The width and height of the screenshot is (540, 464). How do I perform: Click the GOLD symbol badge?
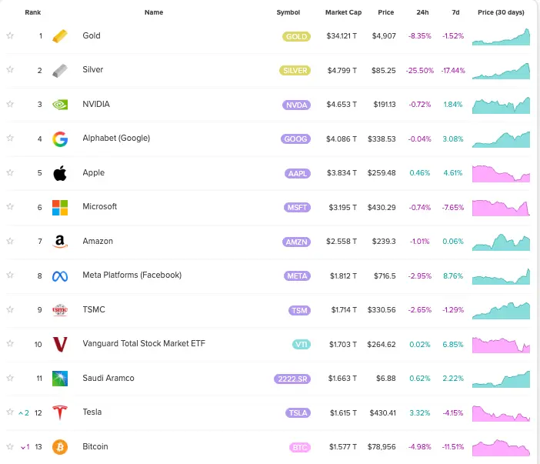click(296, 36)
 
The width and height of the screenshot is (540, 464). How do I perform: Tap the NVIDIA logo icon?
click(60, 105)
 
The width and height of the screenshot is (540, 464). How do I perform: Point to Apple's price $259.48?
click(382, 173)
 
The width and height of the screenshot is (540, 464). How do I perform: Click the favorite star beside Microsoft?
click(10, 207)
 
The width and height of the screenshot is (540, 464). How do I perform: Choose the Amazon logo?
click(60, 242)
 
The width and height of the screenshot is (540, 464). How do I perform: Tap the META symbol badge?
click(296, 275)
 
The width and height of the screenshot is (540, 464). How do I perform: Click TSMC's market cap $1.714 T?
click(342, 310)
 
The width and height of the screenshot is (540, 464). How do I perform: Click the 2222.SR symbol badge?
click(292, 379)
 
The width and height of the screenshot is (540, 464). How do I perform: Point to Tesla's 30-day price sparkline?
click(501, 413)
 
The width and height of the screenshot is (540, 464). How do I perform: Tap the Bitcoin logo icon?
click(60, 447)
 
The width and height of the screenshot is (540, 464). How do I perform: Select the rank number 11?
click(38, 378)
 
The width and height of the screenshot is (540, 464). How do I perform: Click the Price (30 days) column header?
click(501, 13)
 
